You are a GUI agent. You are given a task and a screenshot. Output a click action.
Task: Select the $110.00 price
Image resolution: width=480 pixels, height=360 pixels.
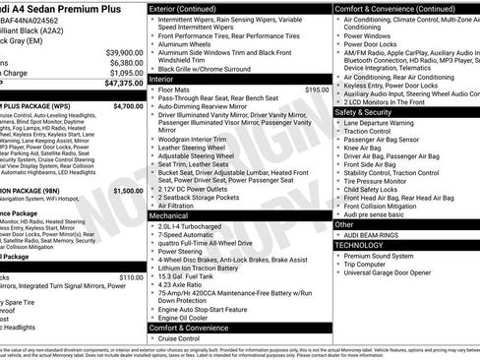pyautogui.click(x=131, y=276)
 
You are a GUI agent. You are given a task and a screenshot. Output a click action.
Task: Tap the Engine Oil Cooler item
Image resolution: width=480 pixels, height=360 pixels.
pyautogui.click(x=190, y=318)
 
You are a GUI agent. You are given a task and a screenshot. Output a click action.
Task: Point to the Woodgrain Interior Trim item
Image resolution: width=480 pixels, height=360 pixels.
pyautogui.click(x=198, y=139)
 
